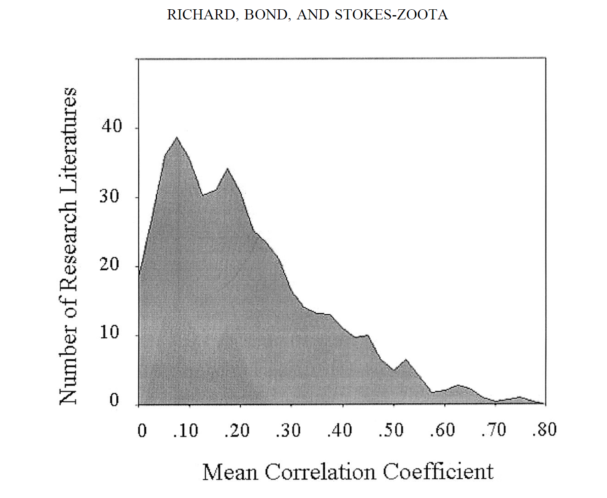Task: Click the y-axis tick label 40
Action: pos(111,126)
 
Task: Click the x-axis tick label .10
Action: pos(186,430)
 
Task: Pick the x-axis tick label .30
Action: pos(288,430)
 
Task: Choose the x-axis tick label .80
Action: pos(544,429)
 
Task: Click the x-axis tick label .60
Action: pos(442,430)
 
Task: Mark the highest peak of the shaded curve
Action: pos(177,138)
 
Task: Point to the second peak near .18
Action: pos(227,169)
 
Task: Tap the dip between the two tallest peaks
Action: pos(202,195)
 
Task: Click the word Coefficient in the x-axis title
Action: pos(438,471)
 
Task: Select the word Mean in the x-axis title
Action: pos(230,472)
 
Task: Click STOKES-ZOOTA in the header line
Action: pos(391,15)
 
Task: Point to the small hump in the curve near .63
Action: pos(458,385)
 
